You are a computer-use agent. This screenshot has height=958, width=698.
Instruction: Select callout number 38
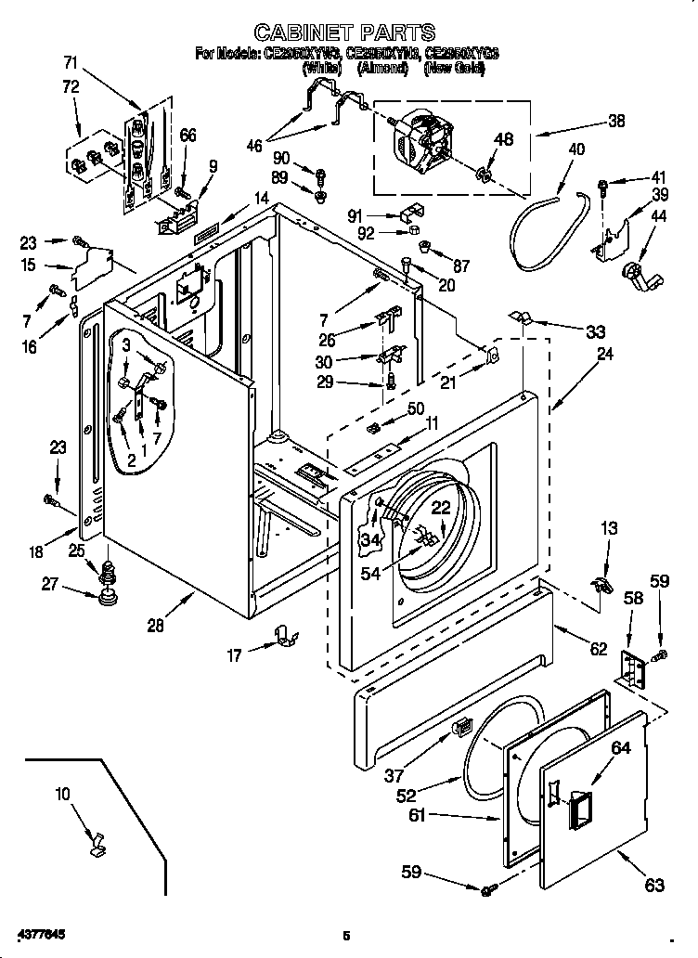615,121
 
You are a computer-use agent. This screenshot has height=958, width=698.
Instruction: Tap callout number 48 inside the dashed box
503,140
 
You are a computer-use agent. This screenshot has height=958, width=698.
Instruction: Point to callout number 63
654,886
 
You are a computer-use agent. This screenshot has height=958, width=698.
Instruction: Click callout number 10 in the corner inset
62,795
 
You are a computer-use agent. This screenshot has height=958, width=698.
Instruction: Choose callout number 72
71,87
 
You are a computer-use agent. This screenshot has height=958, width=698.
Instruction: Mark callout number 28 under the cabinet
154,626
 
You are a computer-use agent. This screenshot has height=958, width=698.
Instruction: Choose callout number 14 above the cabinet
262,198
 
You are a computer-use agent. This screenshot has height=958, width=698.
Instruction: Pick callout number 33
595,331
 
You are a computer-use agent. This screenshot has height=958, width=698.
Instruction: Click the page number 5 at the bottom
345,935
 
